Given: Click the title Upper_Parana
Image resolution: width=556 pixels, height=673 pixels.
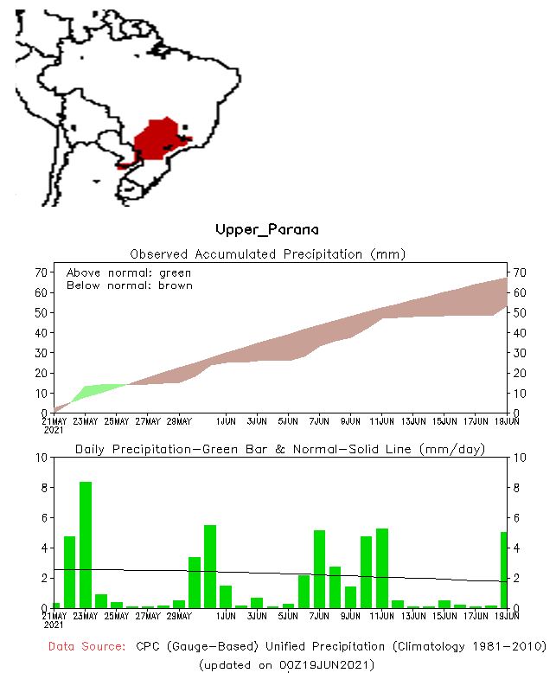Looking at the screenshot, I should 266,230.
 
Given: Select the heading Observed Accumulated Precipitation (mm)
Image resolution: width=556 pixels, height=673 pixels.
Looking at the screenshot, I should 267,254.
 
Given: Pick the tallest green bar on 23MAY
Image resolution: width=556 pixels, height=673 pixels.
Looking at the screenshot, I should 86,545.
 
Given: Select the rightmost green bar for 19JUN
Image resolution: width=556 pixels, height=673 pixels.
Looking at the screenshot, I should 503,570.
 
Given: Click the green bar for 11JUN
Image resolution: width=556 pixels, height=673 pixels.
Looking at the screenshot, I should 382,568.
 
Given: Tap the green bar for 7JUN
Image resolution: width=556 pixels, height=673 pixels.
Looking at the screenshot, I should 319,569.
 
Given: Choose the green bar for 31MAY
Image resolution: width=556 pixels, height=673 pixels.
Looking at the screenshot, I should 210,567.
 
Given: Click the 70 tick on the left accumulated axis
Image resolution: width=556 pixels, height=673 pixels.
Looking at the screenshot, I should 40,272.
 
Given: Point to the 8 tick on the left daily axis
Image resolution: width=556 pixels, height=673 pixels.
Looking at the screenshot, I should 41,488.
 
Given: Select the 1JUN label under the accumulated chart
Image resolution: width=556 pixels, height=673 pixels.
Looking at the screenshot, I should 227,421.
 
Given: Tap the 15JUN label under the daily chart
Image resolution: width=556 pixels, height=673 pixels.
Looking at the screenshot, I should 444,616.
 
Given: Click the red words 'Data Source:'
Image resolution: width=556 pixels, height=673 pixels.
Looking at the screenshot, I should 86,646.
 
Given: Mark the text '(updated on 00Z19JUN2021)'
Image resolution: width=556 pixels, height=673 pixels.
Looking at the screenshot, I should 285,664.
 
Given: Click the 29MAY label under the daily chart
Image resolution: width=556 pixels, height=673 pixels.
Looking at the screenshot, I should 179,616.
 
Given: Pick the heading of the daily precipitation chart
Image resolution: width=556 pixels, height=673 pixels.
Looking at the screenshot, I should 279,449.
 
